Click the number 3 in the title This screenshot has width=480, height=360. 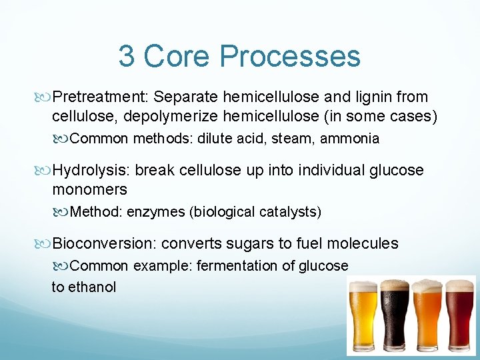pos(126,57)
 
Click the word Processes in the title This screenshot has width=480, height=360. pos(291,57)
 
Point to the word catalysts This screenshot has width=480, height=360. pos(288,212)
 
